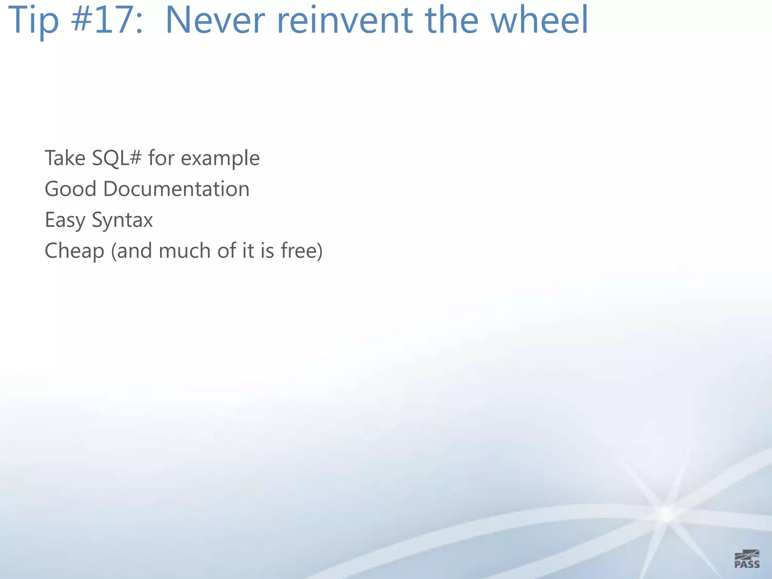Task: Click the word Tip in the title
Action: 33,21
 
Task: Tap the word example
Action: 220,158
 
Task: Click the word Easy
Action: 65,220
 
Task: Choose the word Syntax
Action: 122,220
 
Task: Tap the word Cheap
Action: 74,251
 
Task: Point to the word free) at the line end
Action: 302,251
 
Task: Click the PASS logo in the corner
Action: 747,559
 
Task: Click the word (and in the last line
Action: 132,251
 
